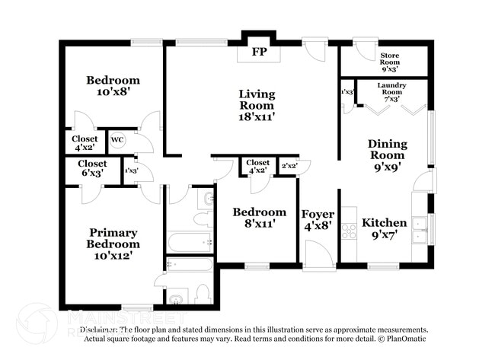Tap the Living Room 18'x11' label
point(257,105)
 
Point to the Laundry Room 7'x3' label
point(392,91)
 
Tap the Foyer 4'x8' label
point(317,219)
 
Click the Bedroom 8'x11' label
point(259,218)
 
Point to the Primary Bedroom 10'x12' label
point(113,244)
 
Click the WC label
point(117,140)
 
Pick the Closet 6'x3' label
point(92,168)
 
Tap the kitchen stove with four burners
point(349,231)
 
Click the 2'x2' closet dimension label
point(289,166)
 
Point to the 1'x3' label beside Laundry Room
point(347,92)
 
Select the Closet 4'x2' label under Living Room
point(257,166)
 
